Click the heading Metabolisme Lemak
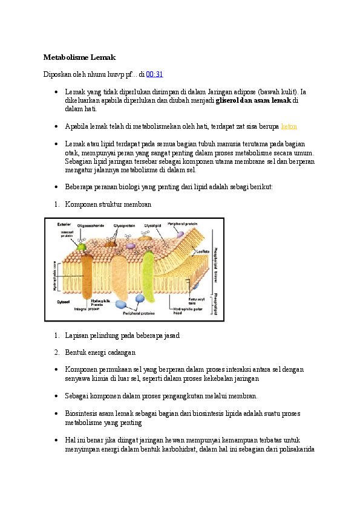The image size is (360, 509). point(79,57)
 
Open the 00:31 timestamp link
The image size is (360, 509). point(154,74)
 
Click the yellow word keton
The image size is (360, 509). point(289,127)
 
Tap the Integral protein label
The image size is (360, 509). point(87,308)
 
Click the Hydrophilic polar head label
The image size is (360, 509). point(187,311)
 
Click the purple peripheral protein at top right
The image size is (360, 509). point(180,233)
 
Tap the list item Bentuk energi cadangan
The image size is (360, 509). point(100,351)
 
